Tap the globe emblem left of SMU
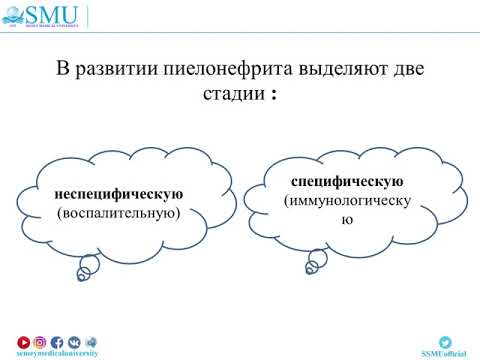(18, 16)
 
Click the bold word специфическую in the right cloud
(347, 182)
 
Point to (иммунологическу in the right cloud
(347, 201)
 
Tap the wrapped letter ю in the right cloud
(347, 220)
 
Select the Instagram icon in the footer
(41, 341)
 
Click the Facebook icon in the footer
(57, 341)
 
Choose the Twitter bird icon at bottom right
(445, 341)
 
